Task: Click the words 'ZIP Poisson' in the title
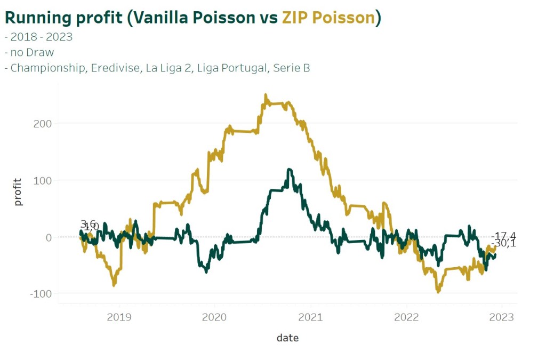tap(328, 18)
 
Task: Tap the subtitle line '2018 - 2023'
tap(41, 37)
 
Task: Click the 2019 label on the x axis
tap(119, 317)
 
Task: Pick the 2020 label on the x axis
tap(214, 317)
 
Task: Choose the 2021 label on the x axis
tap(310, 317)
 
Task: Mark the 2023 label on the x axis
tap(502, 317)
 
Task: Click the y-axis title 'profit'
tap(19, 193)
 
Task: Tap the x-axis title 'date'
tap(287, 338)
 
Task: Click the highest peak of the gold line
tap(266, 95)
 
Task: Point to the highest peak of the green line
tap(290, 170)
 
